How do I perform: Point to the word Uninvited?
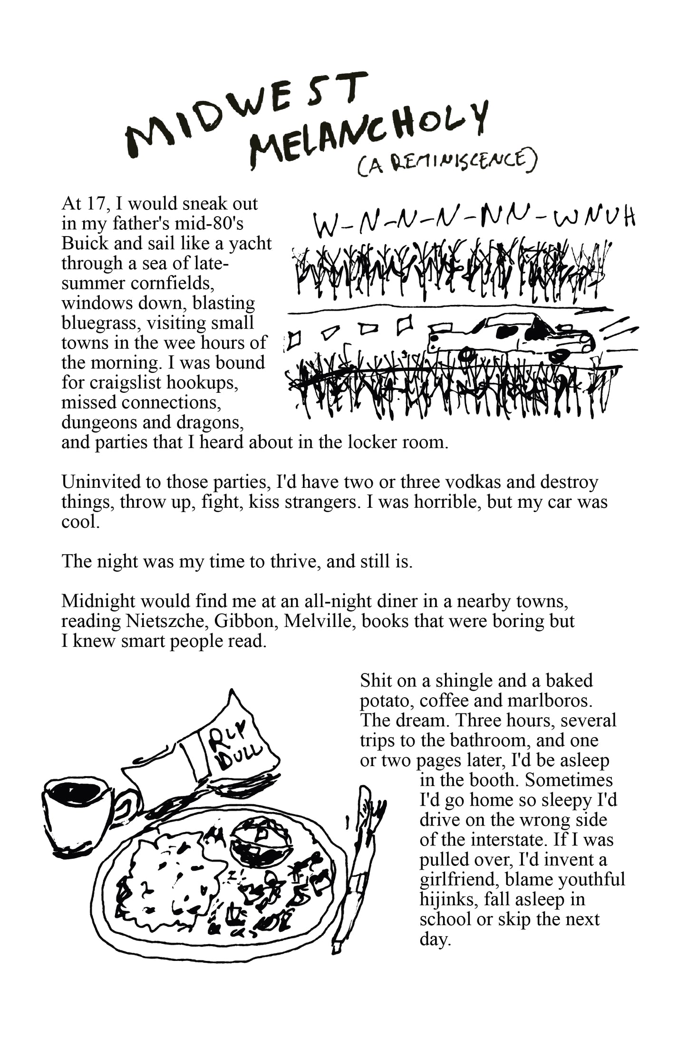(101, 482)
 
